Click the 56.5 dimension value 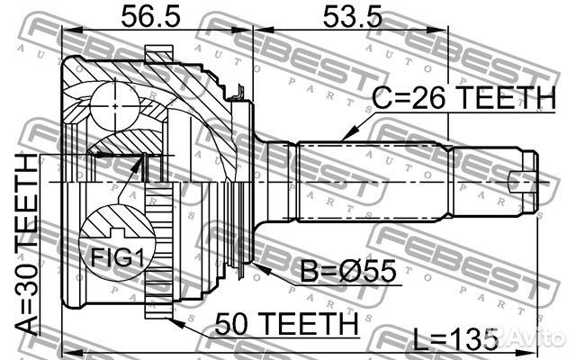pyautogui.click(x=150, y=17)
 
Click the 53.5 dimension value pyautogui.click(x=352, y=17)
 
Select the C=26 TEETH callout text pyautogui.click(x=464, y=98)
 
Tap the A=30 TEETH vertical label pyautogui.click(x=27, y=244)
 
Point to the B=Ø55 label pyautogui.click(x=348, y=271)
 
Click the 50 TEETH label pyautogui.click(x=286, y=323)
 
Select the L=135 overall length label pyautogui.click(x=455, y=339)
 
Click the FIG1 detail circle pyautogui.click(x=117, y=244)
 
